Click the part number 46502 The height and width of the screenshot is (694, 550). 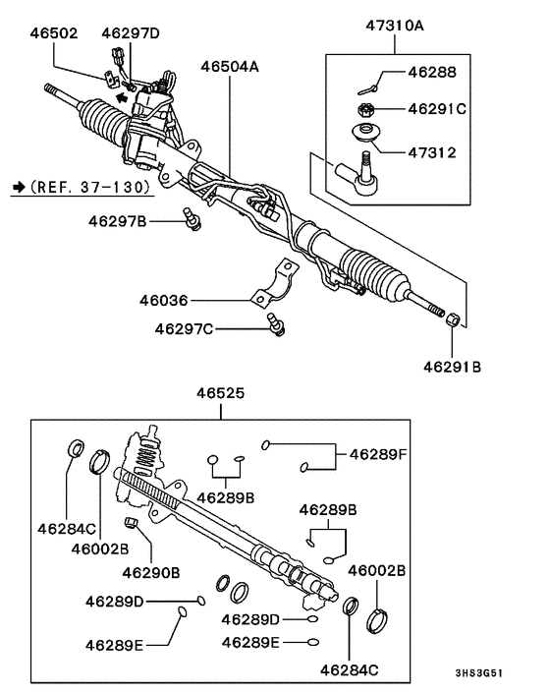tap(54, 33)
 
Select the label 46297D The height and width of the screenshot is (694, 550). tap(130, 33)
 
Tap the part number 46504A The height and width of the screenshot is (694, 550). tap(230, 68)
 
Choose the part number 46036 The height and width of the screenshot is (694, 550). tap(164, 299)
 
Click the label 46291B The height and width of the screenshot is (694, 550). tap(453, 367)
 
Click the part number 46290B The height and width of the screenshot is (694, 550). tap(150, 571)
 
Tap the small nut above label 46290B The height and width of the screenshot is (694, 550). tap(131, 522)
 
